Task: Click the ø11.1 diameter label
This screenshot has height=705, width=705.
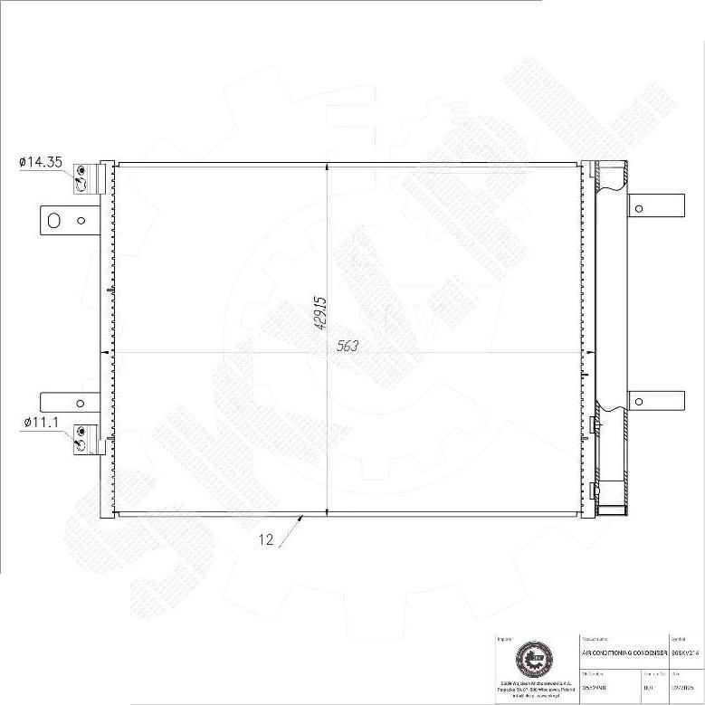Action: pos(41,423)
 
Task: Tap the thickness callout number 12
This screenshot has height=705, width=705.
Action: pos(266,540)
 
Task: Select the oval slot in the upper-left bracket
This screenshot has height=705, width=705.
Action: pos(53,220)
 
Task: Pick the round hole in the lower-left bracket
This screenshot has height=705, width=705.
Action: pos(81,404)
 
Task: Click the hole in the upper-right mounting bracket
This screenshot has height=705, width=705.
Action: pos(639,209)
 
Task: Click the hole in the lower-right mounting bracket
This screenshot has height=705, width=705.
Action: pos(639,403)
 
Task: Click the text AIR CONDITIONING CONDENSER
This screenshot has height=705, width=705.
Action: pos(623,652)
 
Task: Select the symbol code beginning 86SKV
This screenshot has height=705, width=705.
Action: pos(685,652)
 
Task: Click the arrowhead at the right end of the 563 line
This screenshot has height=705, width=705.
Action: pos(589,352)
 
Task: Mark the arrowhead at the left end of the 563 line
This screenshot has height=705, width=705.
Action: pos(109,352)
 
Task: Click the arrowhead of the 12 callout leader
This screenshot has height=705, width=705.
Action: pos(301,518)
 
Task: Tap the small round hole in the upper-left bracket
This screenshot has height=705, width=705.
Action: pos(81,220)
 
